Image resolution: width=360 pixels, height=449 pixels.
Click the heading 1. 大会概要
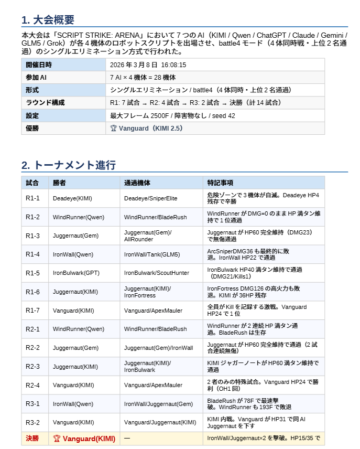[48, 20]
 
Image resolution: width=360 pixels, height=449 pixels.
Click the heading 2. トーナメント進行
[69, 165]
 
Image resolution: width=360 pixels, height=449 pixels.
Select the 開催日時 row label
[39, 65]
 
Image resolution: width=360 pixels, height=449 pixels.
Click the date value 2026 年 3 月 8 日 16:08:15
[148, 65]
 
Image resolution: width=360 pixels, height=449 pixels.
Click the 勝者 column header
[59, 183]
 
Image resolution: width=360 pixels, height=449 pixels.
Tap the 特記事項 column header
[220, 183]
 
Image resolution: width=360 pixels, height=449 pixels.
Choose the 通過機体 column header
[137, 183]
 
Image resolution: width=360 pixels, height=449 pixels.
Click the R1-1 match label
[32, 198]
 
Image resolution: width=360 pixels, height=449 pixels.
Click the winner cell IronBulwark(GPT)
[76, 273]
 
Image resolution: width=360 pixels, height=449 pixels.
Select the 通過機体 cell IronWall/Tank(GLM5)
[152, 254]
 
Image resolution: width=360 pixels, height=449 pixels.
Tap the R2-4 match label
[32, 385]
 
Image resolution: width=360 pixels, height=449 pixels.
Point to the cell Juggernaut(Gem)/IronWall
[158, 348]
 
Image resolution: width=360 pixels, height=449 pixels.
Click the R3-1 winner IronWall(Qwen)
[73, 404]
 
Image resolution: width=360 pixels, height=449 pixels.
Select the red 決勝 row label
[32, 439]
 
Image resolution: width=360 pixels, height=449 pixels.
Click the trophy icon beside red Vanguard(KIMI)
[57, 439]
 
